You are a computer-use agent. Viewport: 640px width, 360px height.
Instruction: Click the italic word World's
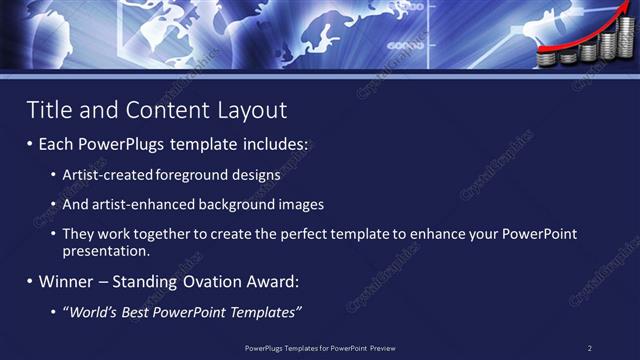point(95,312)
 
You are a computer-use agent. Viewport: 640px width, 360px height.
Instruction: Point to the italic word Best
point(144,312)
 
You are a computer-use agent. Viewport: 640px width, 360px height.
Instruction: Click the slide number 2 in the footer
point(590,348)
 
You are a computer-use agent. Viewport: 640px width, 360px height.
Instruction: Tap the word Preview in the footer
point(381,348)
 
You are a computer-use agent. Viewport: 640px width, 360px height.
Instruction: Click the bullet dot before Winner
point(30,282)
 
